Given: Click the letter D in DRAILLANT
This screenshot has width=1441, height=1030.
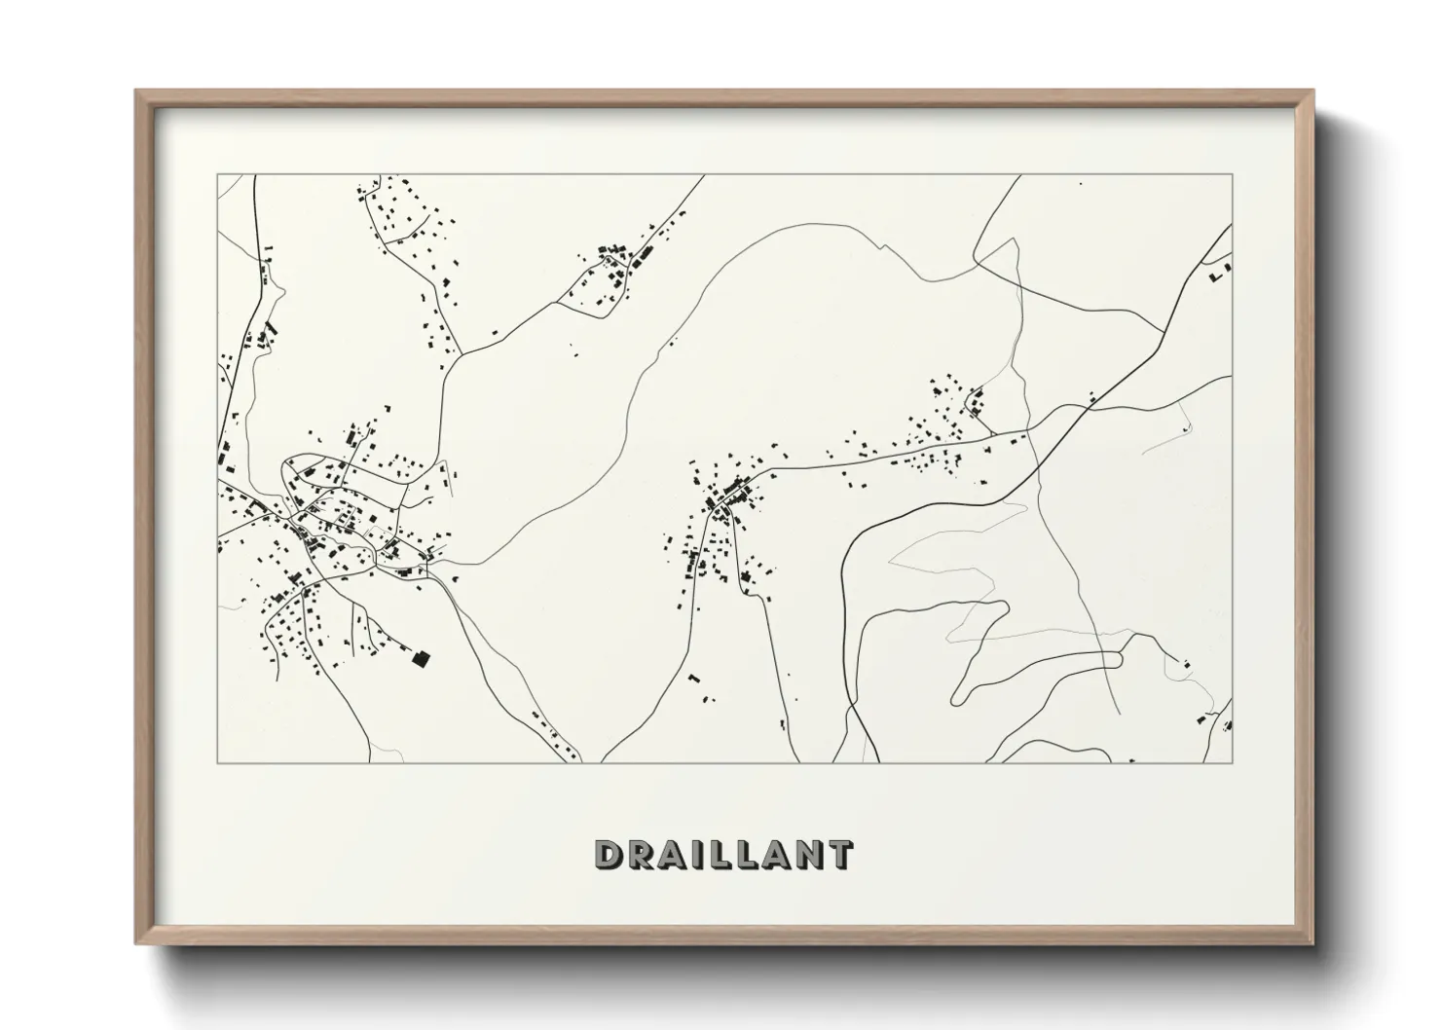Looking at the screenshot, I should (610, 856).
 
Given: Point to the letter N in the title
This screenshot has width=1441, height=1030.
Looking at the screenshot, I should (806, 856).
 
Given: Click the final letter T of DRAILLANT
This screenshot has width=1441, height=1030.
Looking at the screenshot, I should (838, 856).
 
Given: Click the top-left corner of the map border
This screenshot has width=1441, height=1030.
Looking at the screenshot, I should (217, 175).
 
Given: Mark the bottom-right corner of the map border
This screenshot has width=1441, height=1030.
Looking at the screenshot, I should (1232, 762).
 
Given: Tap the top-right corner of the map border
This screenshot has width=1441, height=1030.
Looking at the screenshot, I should (1232, 175).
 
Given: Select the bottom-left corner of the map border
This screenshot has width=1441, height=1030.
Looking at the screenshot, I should (217, 762).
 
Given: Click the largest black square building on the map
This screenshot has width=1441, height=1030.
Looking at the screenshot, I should (421, 659).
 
